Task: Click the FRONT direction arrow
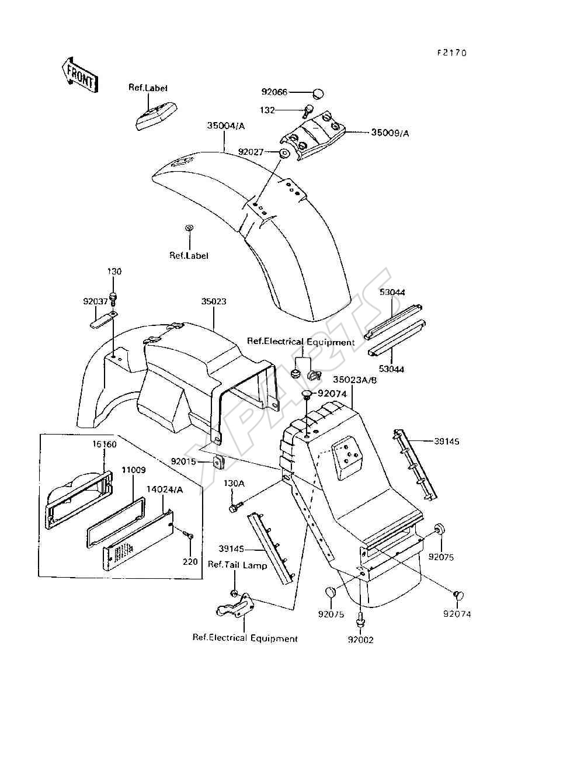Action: click(79, 75)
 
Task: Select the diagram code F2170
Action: click(452, 53)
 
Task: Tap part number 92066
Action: click(274, 92)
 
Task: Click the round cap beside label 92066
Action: click(317, 93)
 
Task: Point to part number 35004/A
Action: click(226, 126)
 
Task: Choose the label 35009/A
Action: click(390, 133)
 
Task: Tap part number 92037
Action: click(95, 301)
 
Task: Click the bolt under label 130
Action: click(114, 299)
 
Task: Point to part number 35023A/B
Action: click(354, 380)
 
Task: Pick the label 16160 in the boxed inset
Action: click(105, 444)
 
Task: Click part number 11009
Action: click(133, 470)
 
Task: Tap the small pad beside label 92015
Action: click(218, 462)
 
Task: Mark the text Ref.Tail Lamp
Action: click(237, 565)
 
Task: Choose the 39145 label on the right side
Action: click(447, 442)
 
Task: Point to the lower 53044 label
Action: click(391, 369)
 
